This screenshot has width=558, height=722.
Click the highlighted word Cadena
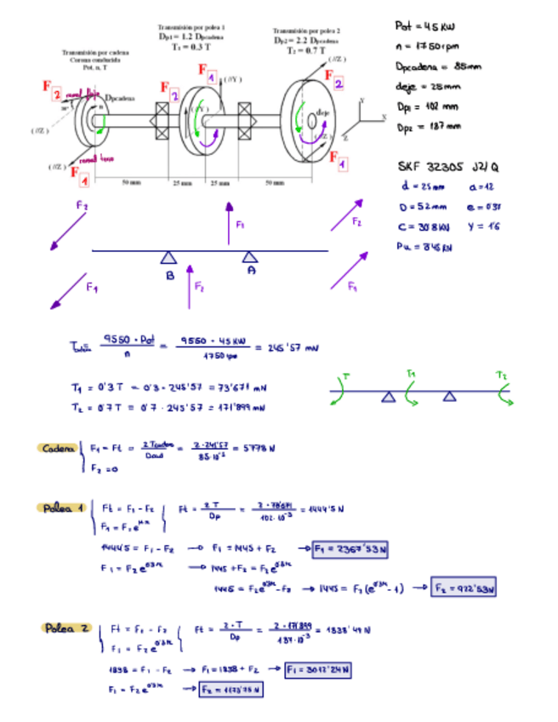coord(57,447)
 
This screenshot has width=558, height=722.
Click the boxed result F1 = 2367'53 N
coord(350,549)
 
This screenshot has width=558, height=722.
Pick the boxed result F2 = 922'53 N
coord(464,587)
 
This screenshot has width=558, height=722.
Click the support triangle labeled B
coord(169,258)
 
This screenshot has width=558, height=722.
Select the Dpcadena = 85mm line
coord(432,66)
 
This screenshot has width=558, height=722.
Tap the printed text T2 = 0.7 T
coord(306,50)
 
